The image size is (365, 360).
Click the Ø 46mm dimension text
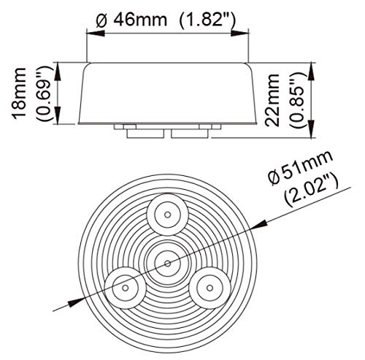tap(131, 19)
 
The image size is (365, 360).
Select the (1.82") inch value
tap(207, 20)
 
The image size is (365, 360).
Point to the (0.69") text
tap(44, 93)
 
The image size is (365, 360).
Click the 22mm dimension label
tap(272, 100)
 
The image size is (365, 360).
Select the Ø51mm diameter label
tap(300, 167)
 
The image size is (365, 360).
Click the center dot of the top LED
tap(167, 215)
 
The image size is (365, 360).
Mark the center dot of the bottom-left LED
tap(126, 288)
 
